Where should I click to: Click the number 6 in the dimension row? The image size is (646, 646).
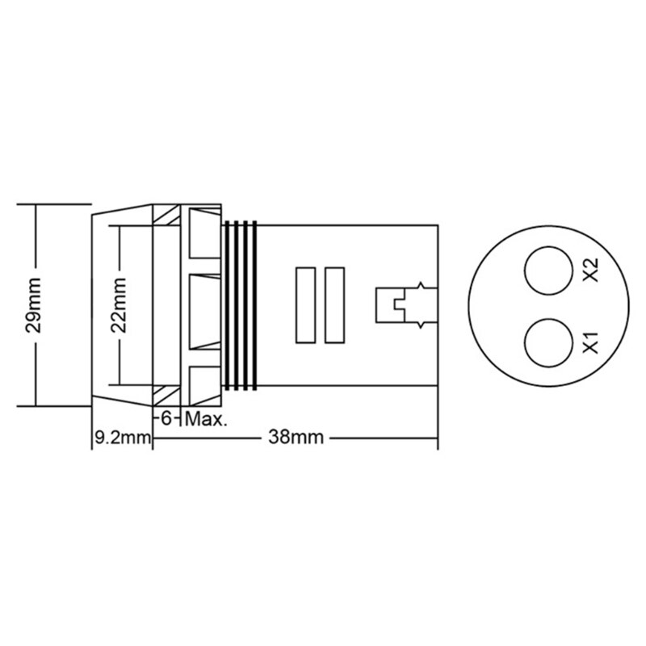point(167,419)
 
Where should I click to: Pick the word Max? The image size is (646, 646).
point(208,419)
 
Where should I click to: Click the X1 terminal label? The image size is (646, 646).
point(589,342)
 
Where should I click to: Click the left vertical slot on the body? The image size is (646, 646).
point(305,305)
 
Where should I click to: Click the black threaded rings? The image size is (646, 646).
point(241,305)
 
